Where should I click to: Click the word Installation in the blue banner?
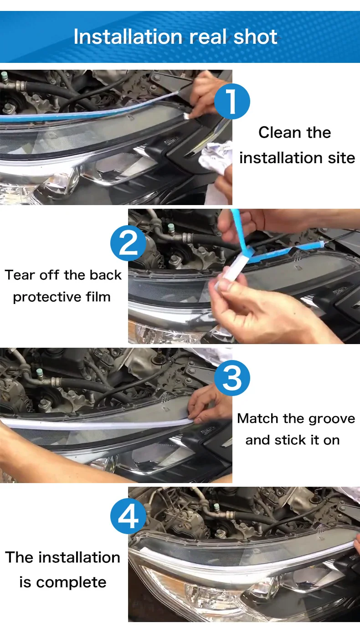[128, 37]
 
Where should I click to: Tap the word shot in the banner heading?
[256, 37]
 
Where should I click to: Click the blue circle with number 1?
[232, 101]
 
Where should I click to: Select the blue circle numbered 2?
[128, 243]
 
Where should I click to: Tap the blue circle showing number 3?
[232, 378]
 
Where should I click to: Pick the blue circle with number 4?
[128, 516]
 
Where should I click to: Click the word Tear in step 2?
[20, 275]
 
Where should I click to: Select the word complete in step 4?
[71, 582]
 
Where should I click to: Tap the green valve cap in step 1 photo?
[4, 76]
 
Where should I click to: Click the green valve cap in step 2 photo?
[171, 227]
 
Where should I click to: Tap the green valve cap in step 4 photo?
[216, 507]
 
